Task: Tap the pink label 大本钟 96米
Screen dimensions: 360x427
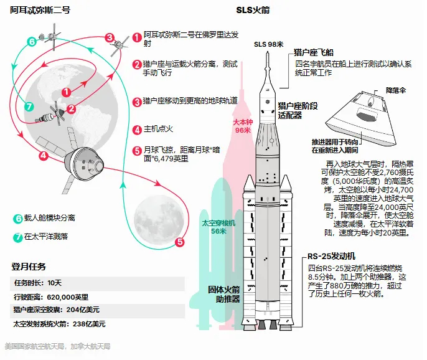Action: click(x=243, y=126)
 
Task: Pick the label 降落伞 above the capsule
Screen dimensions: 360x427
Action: click(x=396, y=90)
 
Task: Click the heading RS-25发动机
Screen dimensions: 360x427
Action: click(x=332, y=256)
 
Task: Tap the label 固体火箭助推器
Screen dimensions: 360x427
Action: click(x=223, y=293)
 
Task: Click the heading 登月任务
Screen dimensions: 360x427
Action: click(x=29, y=267)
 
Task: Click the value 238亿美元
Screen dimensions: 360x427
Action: click(x=90, y=324)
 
